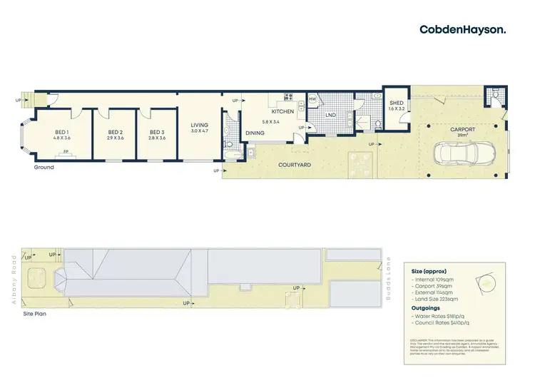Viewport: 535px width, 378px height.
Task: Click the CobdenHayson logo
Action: pyautogui.click(x=462, y=29)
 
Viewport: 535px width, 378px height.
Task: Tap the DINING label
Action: pyautogui.click(x=255, y=133)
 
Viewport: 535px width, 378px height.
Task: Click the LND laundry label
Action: pyautogui.click(x=330, y=115)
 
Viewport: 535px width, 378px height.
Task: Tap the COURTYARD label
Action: pyautogui.click(x=295, y=165)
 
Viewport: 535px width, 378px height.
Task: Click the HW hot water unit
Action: pyautogui.click(x=312, y=99)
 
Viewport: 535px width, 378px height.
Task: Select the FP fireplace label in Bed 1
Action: pyautogui.click(x=66, y=152)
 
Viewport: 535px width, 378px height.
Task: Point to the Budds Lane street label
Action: pyautogui.click(x=389, y=277)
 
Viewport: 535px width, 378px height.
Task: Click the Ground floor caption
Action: pyautogui.click(x=43, y=168)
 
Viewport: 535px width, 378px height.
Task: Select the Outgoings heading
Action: pyautogui.click(x=427, y=308)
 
